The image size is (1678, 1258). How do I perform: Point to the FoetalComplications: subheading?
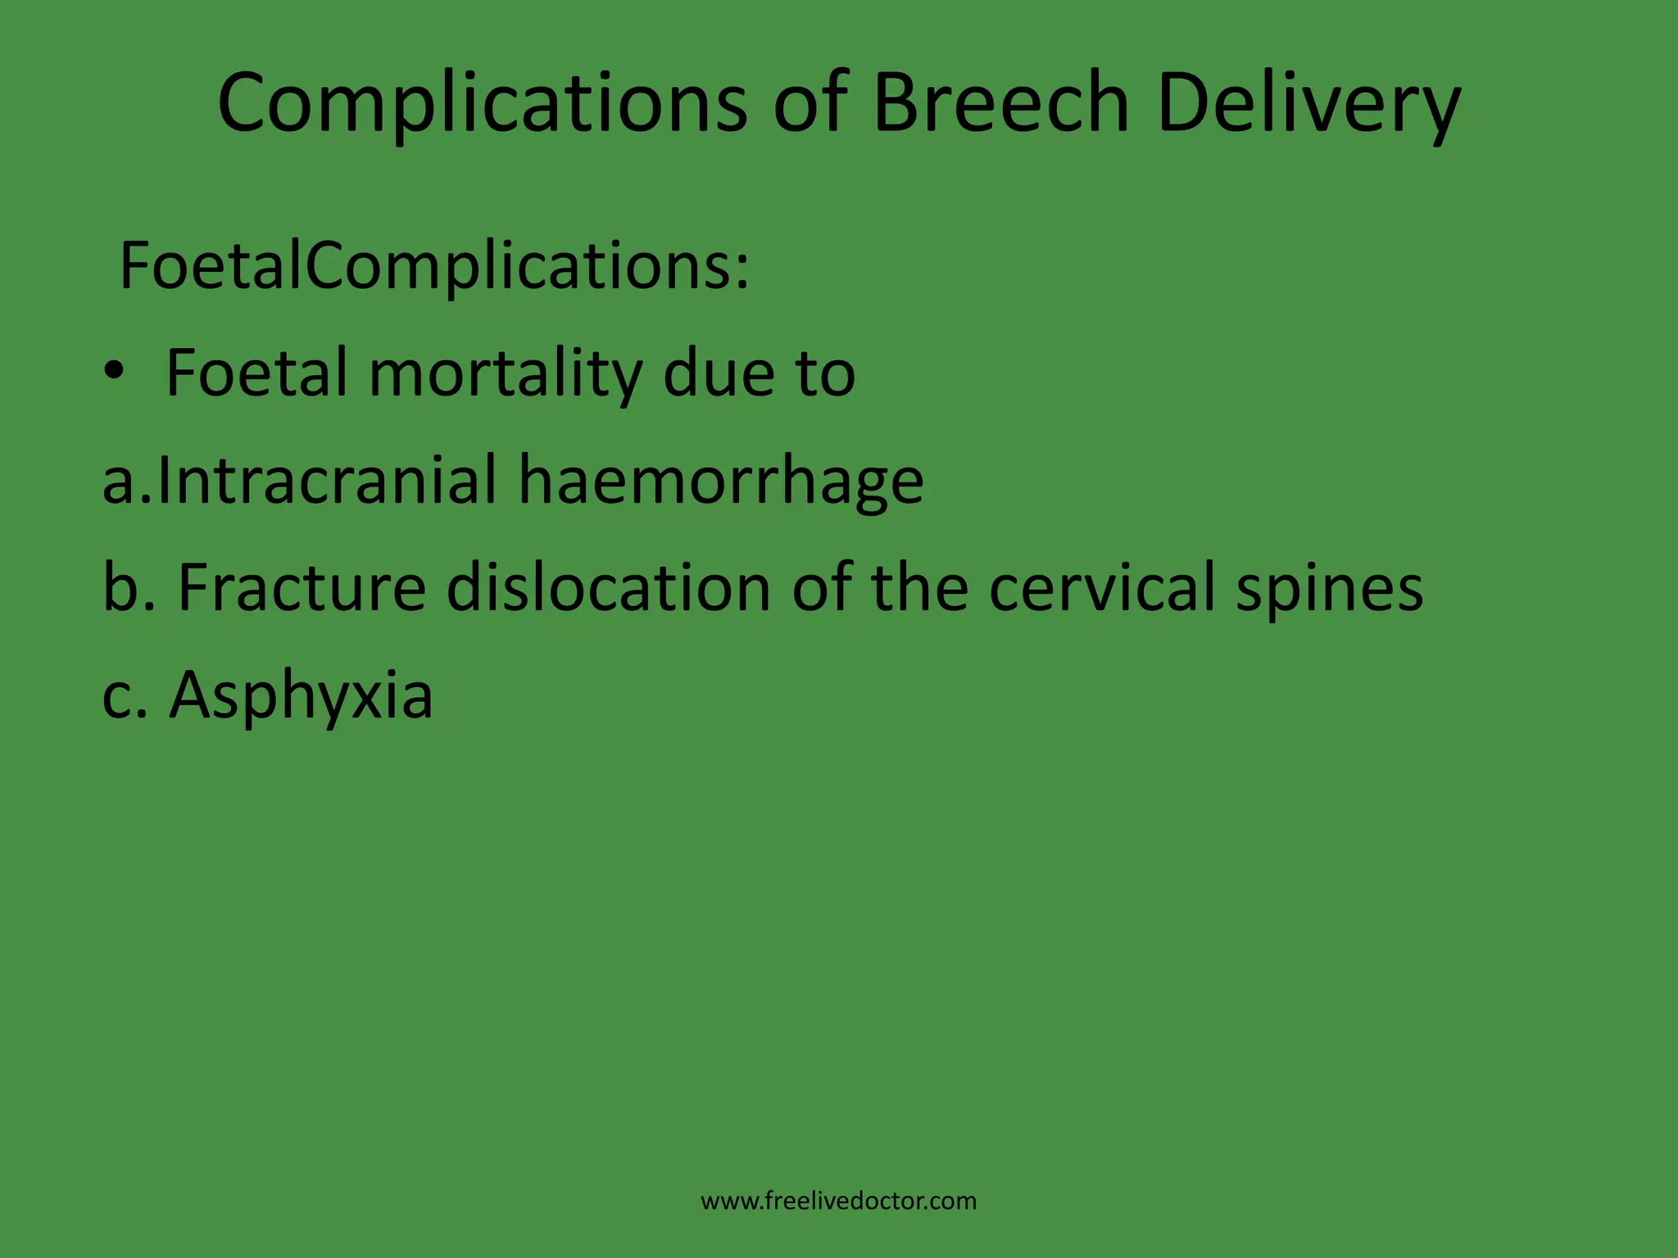tap(434, 266)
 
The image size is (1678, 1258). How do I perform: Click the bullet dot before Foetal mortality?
tap(114, 373)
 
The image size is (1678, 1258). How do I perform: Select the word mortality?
tap(505, 373)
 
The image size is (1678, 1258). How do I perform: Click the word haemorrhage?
tap(720, 482)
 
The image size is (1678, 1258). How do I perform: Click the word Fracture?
tap(302, 587)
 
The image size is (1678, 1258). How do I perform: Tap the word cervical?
tap(1102, 587)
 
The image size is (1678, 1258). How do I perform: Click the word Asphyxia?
tap(301, 696)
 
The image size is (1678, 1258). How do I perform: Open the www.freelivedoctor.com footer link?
tap(838, 1201)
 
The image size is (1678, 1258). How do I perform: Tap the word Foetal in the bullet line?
tap(256, 373)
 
